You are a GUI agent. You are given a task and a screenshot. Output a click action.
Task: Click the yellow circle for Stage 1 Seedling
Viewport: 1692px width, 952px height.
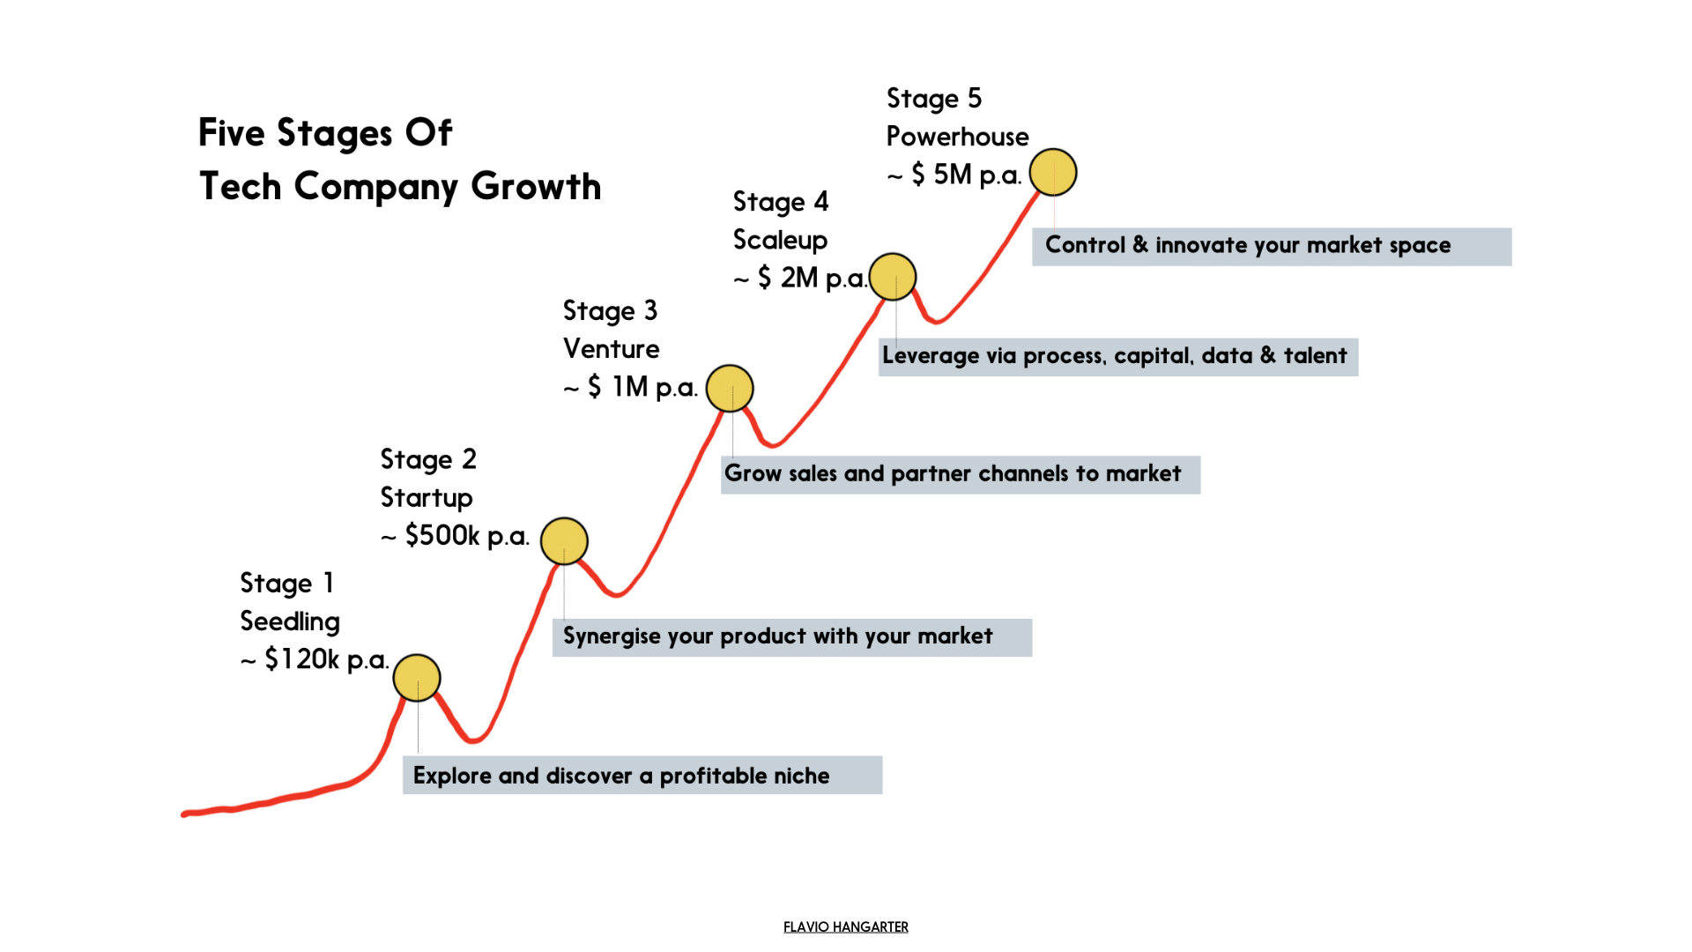(417, 678)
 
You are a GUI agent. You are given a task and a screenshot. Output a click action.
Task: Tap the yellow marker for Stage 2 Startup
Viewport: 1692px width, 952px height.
(564, 541)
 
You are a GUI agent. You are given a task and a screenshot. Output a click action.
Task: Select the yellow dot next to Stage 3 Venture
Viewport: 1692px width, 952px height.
(730, 389)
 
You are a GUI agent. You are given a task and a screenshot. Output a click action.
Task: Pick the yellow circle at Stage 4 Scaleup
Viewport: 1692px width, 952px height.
(893, 277)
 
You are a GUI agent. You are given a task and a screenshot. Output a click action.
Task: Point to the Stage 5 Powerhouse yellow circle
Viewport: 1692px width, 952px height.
(1053, 172)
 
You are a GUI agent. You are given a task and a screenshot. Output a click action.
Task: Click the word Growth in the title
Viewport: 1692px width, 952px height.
(536, 187)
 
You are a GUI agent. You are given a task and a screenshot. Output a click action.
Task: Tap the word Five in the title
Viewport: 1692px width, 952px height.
(231, 133)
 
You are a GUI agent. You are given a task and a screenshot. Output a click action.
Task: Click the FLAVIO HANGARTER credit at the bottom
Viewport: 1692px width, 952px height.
(845, 926)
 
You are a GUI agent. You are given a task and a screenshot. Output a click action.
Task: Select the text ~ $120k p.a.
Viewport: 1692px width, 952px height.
(315, 659)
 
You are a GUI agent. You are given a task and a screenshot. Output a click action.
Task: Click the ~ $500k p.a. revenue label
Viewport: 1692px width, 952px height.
(455, 535)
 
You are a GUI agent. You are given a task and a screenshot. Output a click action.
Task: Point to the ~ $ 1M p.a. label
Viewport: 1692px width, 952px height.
(630, 387)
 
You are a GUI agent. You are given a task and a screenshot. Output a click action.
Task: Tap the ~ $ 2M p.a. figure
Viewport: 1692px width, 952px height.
(800, 278)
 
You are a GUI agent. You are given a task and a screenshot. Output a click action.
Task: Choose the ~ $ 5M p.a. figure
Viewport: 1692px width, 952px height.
(954, 175)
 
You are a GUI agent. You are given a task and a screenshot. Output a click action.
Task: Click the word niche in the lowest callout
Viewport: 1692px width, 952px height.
(801, 776)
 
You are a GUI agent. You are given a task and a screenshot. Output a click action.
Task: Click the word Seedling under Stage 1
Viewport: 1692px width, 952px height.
(290, 621)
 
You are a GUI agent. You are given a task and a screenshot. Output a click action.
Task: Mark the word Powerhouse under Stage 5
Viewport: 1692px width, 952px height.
(957, 137)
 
